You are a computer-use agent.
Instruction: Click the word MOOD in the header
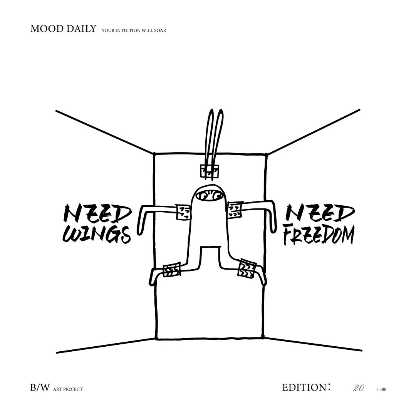tap(44, 29)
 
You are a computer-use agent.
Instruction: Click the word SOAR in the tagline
tap(161, 30)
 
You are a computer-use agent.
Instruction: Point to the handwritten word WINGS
tap(97, 234)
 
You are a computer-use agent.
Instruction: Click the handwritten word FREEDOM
tap(318, 235)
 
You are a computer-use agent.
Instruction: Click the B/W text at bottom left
tap(40, 387)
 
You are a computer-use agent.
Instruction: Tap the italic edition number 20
tap(359, 388)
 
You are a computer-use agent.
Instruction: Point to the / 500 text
tap(381, 389)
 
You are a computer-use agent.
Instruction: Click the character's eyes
tap(209, 196)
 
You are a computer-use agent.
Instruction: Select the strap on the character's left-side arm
tap(184, 212)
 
